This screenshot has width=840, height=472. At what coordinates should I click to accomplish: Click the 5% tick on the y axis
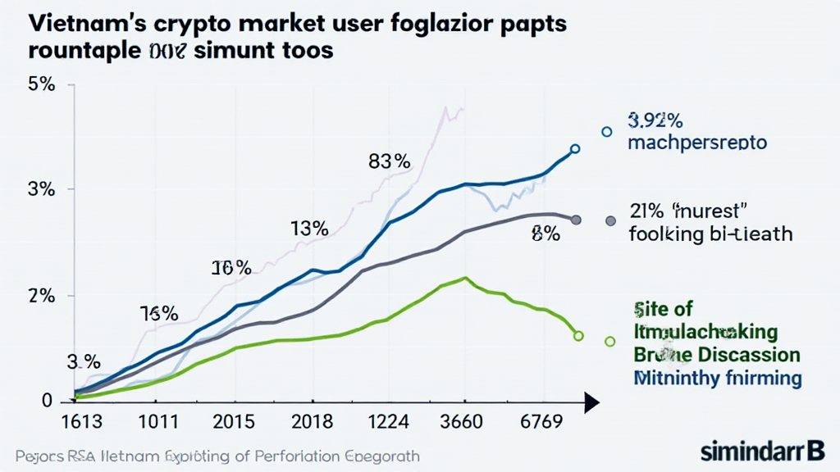point(41,84)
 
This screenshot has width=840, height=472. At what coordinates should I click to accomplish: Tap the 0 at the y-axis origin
point(46,401)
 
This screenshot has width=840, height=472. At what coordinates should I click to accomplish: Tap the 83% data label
point(389,161)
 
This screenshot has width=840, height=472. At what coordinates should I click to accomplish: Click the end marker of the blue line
point(575,149)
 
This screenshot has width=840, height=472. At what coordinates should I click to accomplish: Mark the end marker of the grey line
point(576,220)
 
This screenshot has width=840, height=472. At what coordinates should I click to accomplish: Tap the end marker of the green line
point(578,336)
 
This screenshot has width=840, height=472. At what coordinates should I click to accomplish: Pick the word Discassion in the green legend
point(746,355)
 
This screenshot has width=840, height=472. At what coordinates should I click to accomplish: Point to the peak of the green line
point(465,278)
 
